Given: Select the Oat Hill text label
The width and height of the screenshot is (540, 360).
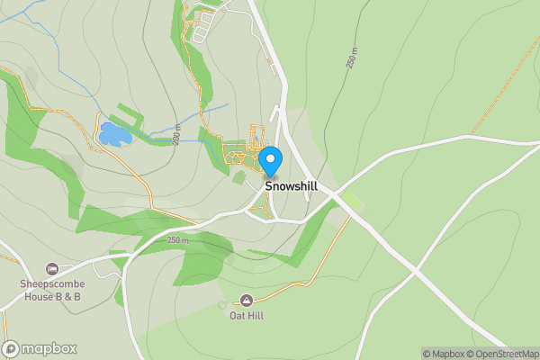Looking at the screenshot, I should tap(246, 316).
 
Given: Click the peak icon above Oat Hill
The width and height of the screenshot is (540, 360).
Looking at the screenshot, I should tap(246, 300).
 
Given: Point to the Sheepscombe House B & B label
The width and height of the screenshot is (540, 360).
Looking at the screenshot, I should tap(51, 290).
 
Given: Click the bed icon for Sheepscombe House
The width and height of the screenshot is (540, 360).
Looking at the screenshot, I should tap(52, 268).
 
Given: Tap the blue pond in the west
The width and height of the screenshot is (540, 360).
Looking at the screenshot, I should tap(113, 135).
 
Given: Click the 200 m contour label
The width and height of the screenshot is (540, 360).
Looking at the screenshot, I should tap(178, 134).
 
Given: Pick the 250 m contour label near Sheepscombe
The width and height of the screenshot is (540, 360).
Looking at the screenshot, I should tap(177, 240).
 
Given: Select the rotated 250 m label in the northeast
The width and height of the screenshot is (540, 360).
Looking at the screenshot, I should tap(351, 58).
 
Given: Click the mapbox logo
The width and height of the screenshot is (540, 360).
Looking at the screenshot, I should tap(40, 348).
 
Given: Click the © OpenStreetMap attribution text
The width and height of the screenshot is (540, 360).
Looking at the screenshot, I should tap(506, 354).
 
